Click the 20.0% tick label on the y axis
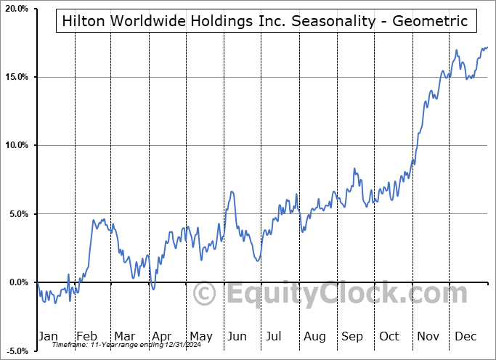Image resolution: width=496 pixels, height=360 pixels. pyautogui.click(x=16, y=9)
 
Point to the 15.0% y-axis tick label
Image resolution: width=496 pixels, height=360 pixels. pyautogui.click(x=16, y=77)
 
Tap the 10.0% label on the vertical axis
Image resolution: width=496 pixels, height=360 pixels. pyautogui.click(x=16, y=145)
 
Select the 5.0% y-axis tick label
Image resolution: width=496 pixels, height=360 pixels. pyautogui.click(x=17, y=214)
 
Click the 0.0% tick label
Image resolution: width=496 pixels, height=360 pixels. pyautogui.click(x=17, y=282)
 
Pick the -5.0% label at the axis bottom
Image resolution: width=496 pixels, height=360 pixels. pyautogui.click(x=16, y=351)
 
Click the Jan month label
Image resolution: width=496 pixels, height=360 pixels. pyautogui.click(x=47, y=336)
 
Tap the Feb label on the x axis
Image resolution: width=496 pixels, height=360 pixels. pyautogui.click(x=86, y=336)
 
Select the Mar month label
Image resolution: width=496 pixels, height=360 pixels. pyautogui.click(x=123, y=336)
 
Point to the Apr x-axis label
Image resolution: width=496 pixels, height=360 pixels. pyautogui.click(x=161, y=336)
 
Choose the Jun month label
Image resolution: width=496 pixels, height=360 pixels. pyautogui.click(x=237, y=336)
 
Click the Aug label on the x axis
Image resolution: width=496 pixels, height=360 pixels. pyautogui.click(x=314, y=336)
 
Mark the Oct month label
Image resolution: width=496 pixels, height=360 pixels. pyautogui.click(x=390, y=336)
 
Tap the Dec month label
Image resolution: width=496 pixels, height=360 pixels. pyautogui.click(x=465, y=336)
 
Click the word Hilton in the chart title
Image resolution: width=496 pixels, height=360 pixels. pyautogui.click(x=82, y=21)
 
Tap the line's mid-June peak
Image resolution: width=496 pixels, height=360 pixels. pyautogui.click(x=232, y=192)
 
